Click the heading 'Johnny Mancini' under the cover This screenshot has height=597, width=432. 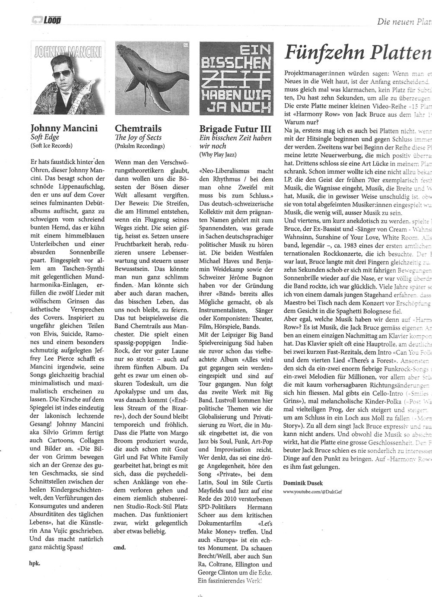pos(64,128)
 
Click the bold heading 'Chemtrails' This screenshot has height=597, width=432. pos(138,128)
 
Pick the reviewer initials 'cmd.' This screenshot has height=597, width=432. pos(120,535)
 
